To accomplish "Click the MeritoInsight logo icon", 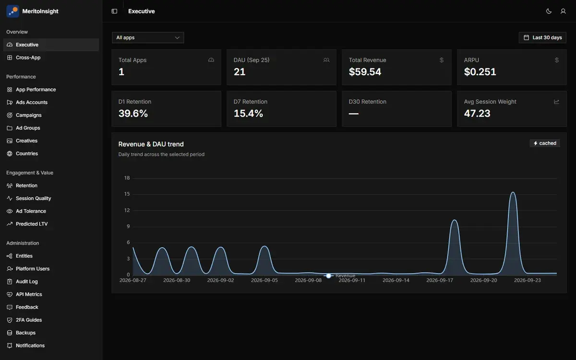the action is [12, 12].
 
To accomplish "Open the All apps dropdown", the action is [148, 37].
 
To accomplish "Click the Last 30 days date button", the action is [542, 37].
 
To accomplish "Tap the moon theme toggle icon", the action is [549, 12].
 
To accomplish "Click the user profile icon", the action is [563, 12].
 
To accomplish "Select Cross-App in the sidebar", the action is [28, 58].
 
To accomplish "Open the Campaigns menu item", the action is [28, 115].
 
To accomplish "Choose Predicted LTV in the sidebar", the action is [32, 224].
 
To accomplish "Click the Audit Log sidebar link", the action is [27, 282].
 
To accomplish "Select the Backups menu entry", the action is [25, 333].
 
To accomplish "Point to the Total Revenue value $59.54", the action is [365, 72].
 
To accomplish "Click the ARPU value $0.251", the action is [480, 72].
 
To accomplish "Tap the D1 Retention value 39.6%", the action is [133, 113].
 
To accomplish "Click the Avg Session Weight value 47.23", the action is [477, 113].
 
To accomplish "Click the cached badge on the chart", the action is [545, 143].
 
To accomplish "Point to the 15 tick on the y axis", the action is [127, 194].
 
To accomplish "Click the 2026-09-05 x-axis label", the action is [264, 280].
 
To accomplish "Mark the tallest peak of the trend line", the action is [513, 192].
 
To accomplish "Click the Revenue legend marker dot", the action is [328, 276].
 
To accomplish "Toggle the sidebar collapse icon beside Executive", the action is [114, 12].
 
